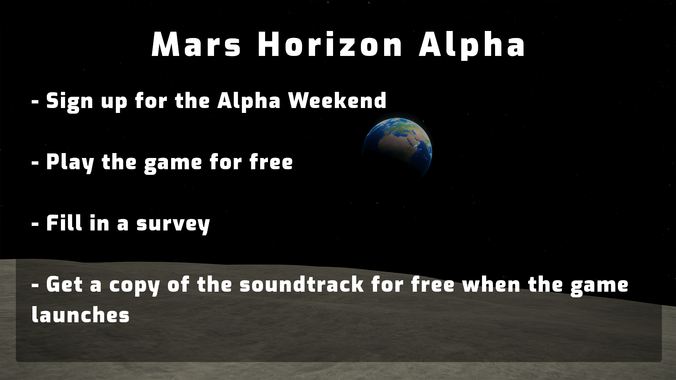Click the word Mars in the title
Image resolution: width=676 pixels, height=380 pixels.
click(196, 45)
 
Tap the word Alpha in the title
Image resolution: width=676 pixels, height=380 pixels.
click(472, 46)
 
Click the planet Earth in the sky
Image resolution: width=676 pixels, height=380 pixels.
click(397, 150)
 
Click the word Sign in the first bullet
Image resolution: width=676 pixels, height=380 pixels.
click(69, 102)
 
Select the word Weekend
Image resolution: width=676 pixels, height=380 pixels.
click(337, 100)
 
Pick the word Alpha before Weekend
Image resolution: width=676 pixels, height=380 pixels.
click(249, 101)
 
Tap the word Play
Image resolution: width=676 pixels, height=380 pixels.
click(70, 163)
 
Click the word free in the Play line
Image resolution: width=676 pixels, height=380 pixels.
click(271, 162)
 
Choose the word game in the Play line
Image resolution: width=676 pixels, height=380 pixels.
click(173, 164)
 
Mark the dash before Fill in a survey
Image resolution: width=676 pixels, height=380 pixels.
click(35, 224)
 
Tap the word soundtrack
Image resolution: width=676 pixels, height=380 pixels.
click(301, 284)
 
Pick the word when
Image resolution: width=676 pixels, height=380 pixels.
click(491, 284)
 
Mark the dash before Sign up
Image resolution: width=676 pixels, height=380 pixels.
click(35, 101)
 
